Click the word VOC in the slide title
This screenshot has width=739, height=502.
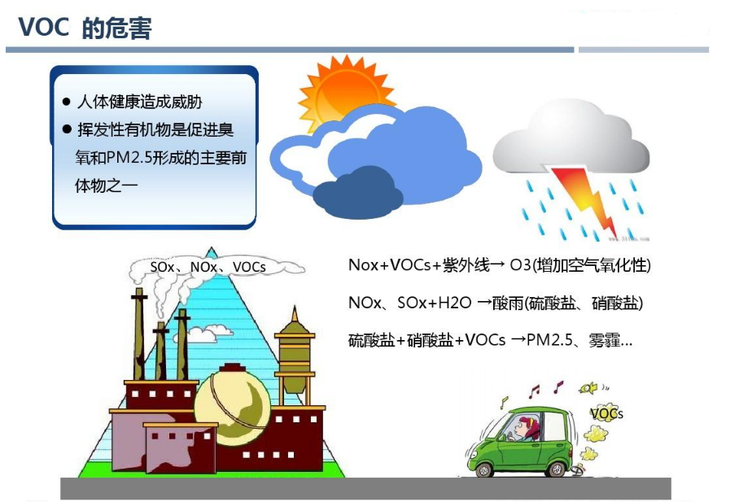44,28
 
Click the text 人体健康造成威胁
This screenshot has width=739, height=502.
138,103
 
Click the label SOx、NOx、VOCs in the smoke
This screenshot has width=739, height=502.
208,267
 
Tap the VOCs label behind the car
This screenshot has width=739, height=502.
606,414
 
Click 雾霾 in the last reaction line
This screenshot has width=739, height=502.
602,340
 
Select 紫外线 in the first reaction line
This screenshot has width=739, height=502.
465,265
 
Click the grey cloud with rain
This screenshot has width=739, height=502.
570,146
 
